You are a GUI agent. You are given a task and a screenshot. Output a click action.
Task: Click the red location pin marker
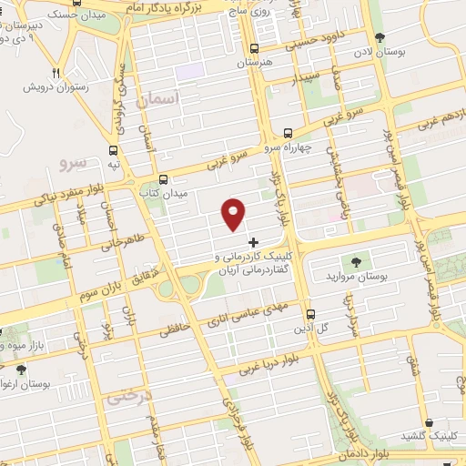click(233, 213)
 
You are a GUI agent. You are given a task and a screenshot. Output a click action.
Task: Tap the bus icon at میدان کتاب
click(163, 179)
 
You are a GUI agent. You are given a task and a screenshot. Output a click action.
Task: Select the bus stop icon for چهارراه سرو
click(289, 133)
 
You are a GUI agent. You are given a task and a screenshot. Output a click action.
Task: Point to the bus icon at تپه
click(114, 151)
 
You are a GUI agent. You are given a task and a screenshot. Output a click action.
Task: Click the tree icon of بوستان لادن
click(380, 37)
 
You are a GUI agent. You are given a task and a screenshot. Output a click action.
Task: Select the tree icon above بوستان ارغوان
click(20, 370)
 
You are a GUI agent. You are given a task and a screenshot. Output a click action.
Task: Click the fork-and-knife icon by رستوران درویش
click(56, 74)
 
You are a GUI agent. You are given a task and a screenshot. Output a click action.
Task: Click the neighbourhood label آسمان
click(157, 98)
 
